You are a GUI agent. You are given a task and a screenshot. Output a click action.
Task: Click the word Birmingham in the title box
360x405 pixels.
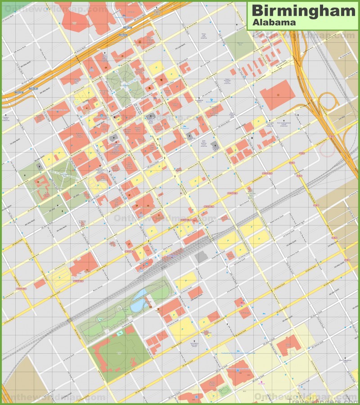click(x=303, y=10)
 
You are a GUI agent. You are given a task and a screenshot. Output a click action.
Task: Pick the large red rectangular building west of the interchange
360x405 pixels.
click(x=277, y=94)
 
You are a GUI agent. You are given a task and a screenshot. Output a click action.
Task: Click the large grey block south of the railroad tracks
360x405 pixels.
click(x=202, y=257)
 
